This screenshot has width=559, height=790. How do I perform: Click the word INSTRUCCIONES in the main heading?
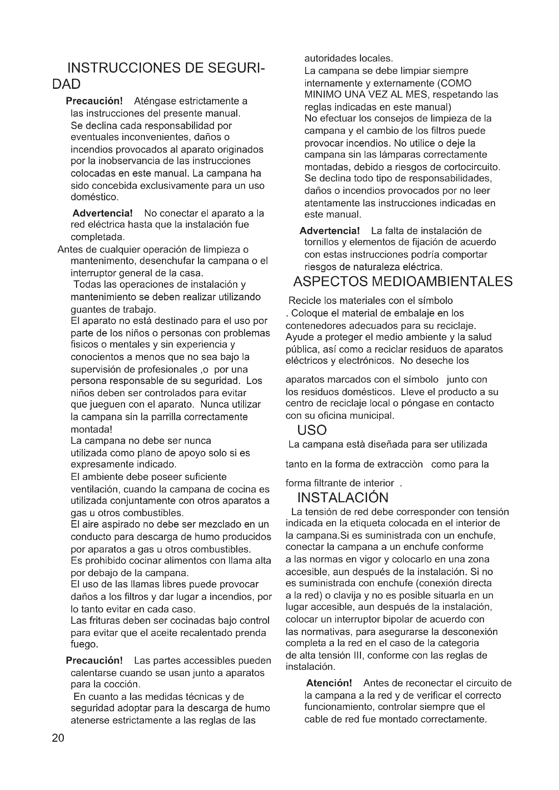pyautogui.click(x=124, y=68)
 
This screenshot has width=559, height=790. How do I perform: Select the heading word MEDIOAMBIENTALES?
pyautogui.click(x=442, y=282)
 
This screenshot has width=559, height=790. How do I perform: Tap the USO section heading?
pyautogui.click(x=312, y=430)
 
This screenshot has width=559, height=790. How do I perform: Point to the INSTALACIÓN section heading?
pyautogui.click(x=343, y=498)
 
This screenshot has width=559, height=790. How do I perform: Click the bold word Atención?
pyautogui.click(x=329, y=683)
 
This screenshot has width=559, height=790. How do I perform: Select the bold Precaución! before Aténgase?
pyautogui.click(x=94, y=101)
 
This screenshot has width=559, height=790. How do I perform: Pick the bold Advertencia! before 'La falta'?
pyautogui.click(x=330, y=231)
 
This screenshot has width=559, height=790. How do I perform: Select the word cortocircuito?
pyautogui.click(x=471, y=167)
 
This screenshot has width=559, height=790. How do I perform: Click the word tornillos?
pyautogui.click(x=321, y=242)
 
